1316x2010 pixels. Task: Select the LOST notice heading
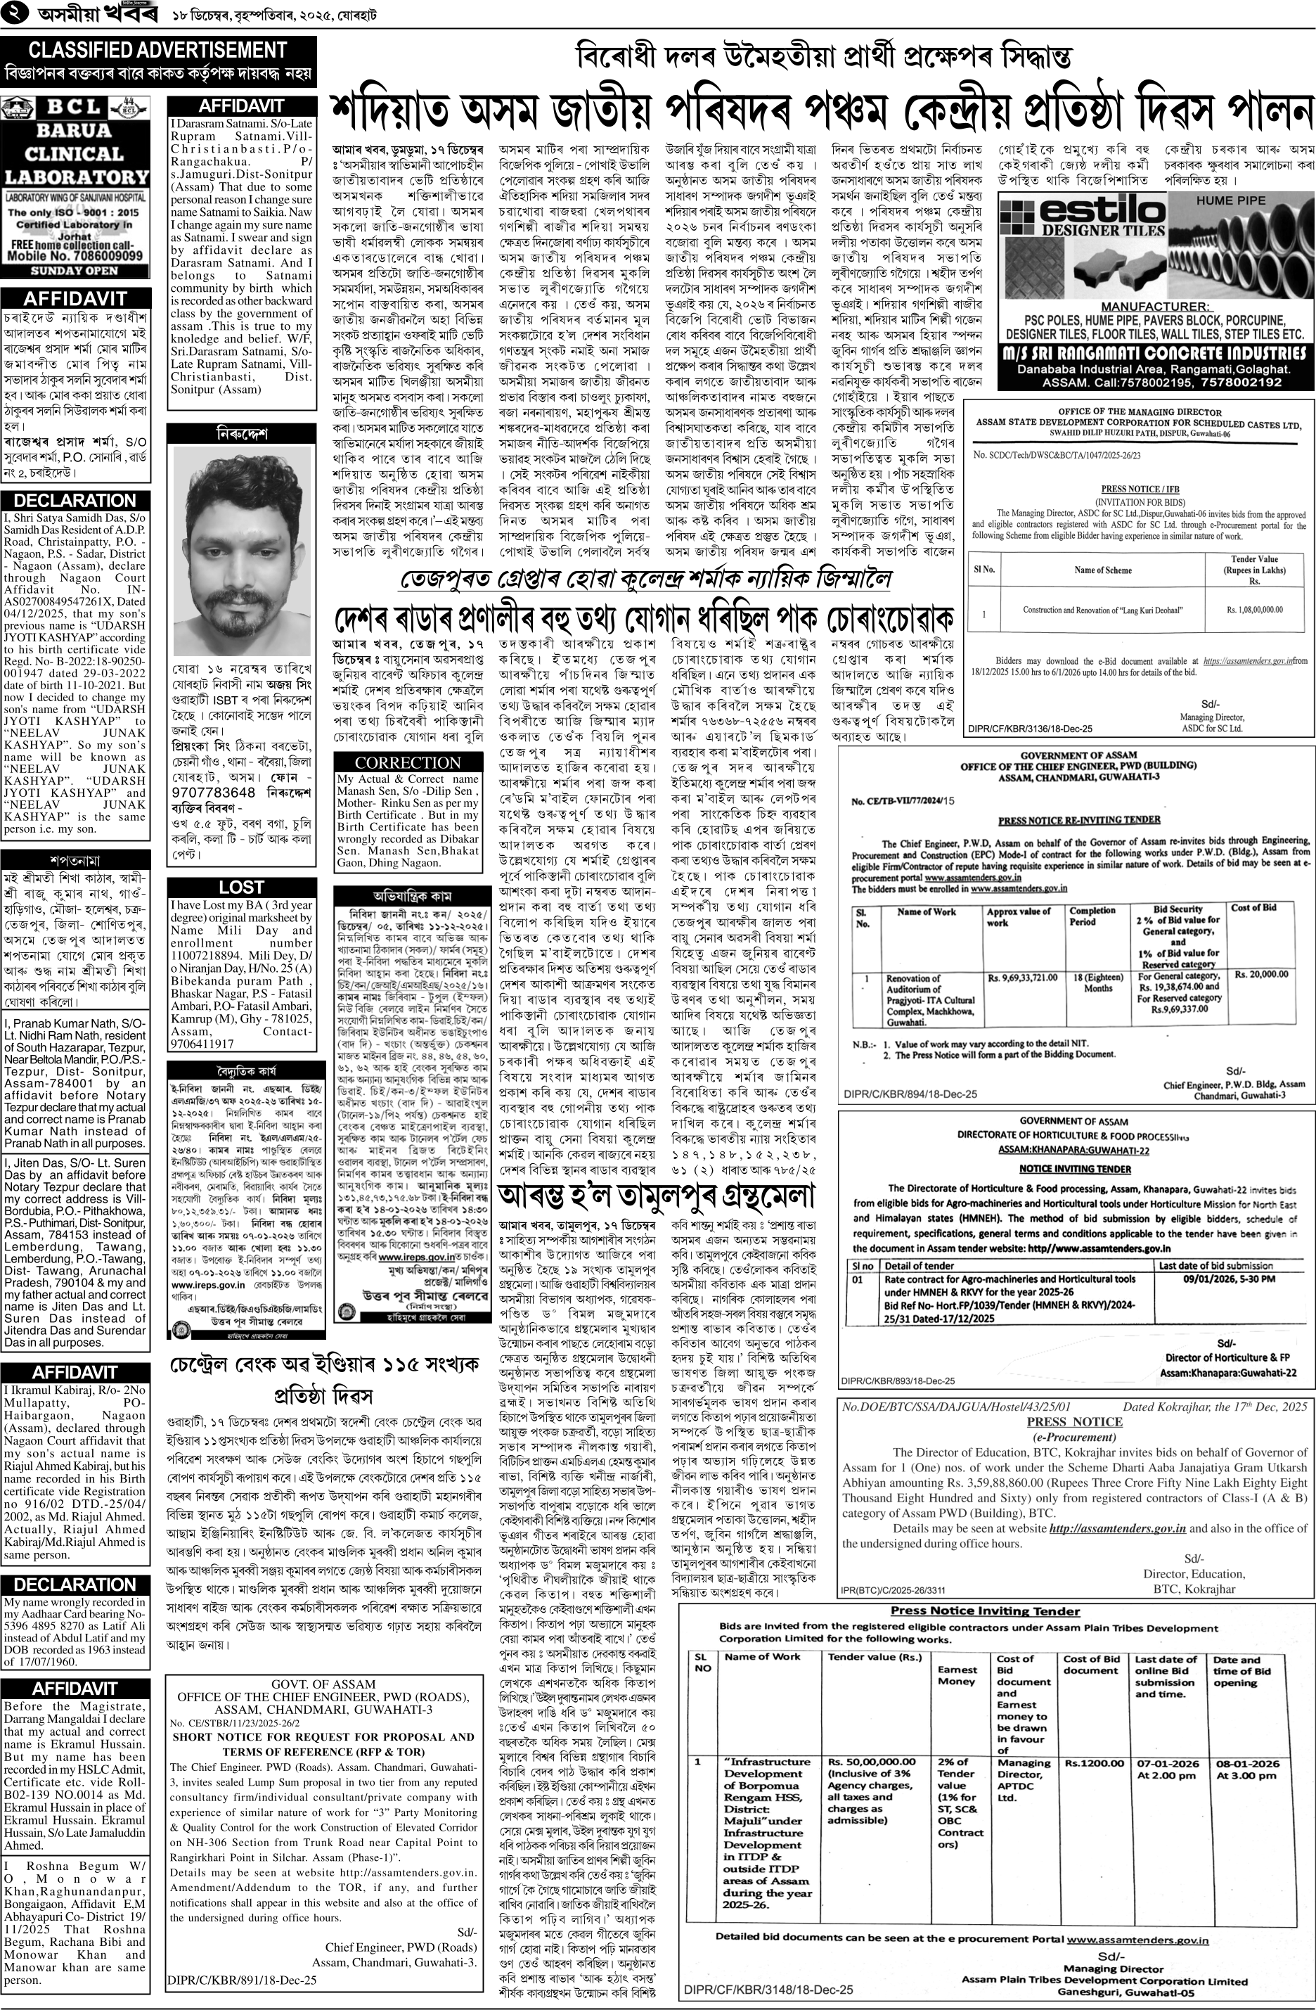[241, 887]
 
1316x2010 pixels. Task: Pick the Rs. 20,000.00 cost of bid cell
[1260, 974]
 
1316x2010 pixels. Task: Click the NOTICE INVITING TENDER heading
[1075, 1168]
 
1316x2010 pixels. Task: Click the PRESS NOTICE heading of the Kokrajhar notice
[1075, 1421]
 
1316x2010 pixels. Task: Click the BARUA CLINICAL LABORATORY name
[76, 154]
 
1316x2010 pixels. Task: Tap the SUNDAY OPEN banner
[75, 271]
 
